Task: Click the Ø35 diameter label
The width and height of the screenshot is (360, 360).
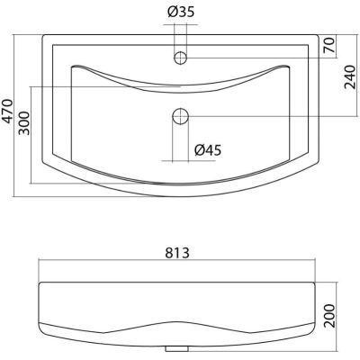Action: click(181, 13)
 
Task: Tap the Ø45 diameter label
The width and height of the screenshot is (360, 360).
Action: click(208, 150)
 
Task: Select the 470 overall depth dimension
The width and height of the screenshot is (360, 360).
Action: click(6, 111)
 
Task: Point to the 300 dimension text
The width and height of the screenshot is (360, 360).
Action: click(24, 123)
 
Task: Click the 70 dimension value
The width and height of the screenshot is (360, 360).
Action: click(329, 45)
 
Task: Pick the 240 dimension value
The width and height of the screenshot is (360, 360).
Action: click(350, 77)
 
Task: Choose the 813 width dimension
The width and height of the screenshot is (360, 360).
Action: click(177, 253)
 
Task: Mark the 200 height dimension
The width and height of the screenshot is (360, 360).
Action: click(329, 316)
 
